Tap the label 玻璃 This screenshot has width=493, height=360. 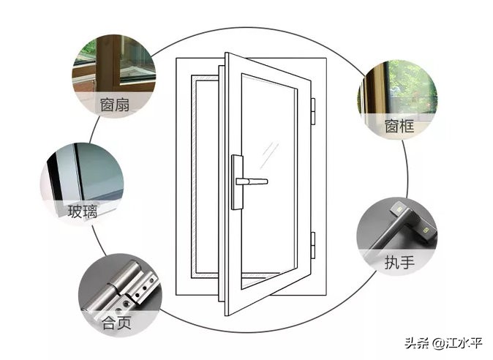point(82,212)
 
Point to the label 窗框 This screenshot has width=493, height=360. point(399,126)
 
